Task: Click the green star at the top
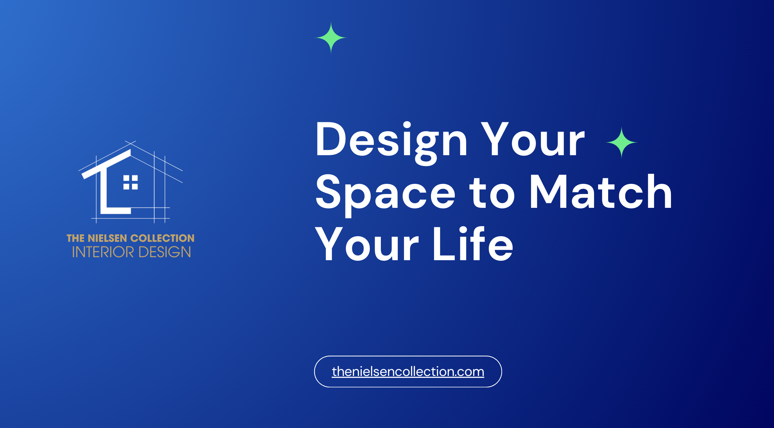tap(331, 38)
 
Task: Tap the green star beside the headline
tap(621, 142)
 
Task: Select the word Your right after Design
tap(533, 139)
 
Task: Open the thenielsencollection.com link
tap(408, 371)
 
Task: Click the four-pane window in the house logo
tap(130, 182)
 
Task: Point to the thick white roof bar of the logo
tap(106, 164)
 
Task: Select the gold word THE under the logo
tap(75, 238)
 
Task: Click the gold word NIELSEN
tap(107, 238)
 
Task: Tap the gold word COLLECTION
tap(162, 238)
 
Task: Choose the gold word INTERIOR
tap(103, 252)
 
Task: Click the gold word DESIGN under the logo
tap(165, 252)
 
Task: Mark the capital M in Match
tap(548, 192)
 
